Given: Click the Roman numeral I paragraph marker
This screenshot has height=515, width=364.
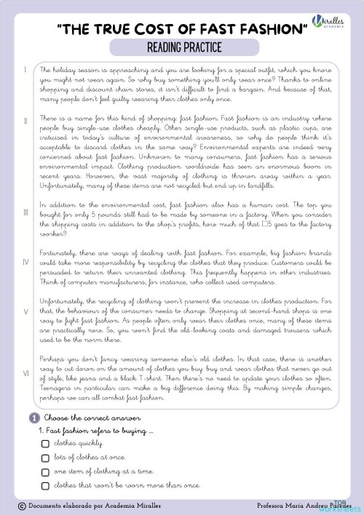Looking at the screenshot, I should point(25,71).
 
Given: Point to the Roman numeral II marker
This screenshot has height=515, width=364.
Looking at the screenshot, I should point(25,119).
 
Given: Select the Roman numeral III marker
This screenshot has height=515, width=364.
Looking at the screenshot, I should point(25,212).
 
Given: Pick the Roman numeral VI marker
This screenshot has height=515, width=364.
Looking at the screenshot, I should point(25,373).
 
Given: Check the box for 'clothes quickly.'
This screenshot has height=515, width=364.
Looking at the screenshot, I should point(45,443).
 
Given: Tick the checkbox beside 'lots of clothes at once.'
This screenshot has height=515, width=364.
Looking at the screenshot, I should point(45,458).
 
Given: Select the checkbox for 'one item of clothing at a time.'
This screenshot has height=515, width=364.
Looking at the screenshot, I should point(45,471).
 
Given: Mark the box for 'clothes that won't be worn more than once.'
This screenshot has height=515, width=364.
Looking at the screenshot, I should point(45,484).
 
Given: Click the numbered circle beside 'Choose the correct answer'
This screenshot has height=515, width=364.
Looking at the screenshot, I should point(33,418).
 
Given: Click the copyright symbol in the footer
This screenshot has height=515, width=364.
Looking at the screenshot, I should point(22,504).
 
